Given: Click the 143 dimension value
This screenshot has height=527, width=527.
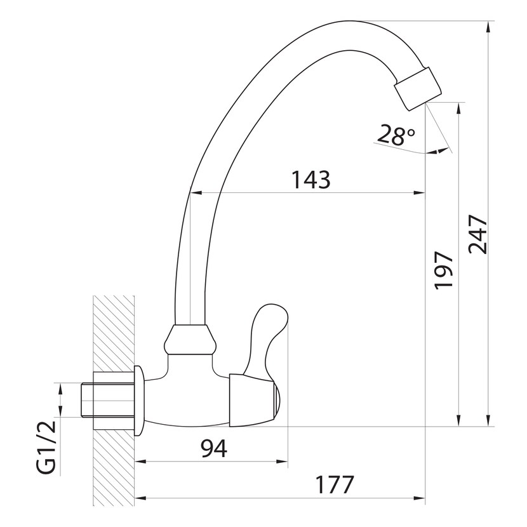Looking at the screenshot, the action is click(x=310, y=180).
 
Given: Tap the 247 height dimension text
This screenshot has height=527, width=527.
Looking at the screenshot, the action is click(x=478, y=234).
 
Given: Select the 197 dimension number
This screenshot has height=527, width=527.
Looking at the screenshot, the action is click(x=444, y=270).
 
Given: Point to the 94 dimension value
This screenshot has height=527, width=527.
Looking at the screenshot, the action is click(x=214, y=448).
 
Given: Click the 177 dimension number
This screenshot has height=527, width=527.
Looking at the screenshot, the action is click(x=335, y=484).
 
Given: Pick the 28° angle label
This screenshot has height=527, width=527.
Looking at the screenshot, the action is click(x=396, y=135).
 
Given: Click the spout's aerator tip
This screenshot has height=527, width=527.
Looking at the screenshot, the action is click(x=417, y=89).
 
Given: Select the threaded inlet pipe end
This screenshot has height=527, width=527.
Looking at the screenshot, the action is click(x=87, y=399).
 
